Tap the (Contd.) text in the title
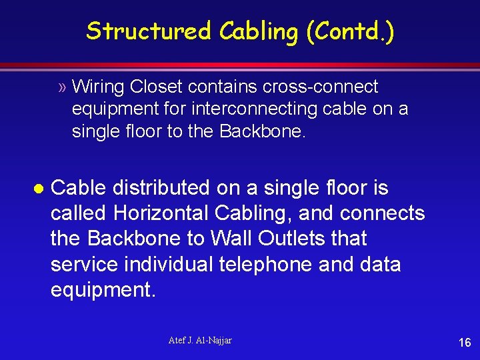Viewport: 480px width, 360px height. click(350, 31)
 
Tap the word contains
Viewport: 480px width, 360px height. click(221, 87)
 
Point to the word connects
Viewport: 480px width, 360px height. click(382, 213)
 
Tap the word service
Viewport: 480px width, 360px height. click(87, 264)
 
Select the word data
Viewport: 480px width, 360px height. click(379, 264)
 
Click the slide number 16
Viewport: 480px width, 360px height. click(464, 343)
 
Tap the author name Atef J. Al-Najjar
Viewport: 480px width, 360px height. click(200, 341)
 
